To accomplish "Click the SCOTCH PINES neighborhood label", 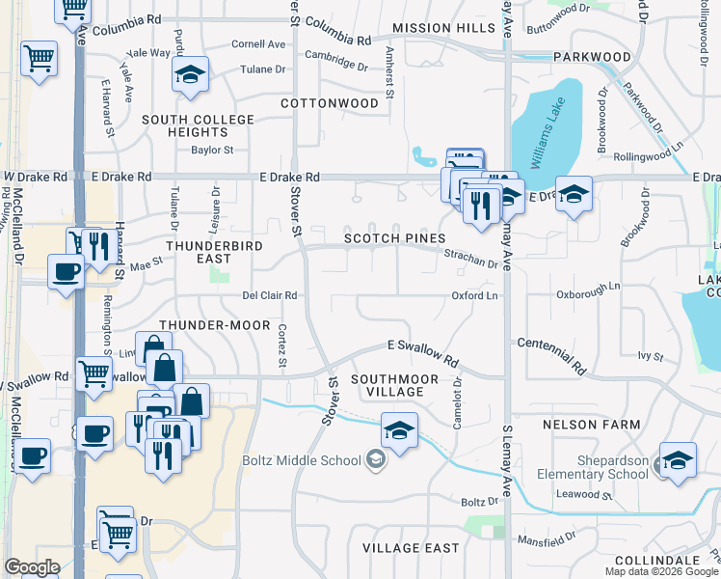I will click(395, 238).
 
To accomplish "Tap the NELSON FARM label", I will click(591, 425).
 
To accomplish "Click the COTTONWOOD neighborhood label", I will click(330, 102).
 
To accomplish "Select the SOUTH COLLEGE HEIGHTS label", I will click(198, 125).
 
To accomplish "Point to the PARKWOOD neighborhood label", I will click(593, 57).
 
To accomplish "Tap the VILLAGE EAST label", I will click(411, 548).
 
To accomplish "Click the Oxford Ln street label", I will click(474, 296).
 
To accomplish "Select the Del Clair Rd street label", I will click(269, 296).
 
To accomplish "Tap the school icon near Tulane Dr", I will click(191, 74).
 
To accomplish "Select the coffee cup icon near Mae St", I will click(65, 272).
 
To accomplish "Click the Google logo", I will click(32, 567).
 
